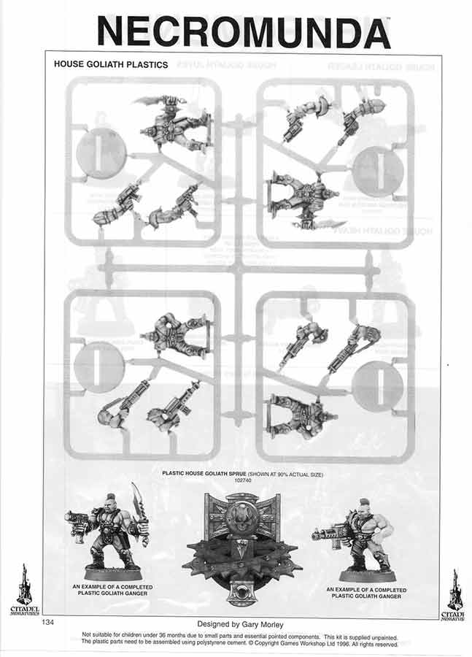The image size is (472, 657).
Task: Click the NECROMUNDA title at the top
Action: [x=243, y=31]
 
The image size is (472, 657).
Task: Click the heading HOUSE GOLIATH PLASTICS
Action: [x=111, y=64]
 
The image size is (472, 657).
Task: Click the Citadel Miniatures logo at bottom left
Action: [x=25, y=590]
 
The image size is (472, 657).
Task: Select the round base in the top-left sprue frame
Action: [x=101, y=152]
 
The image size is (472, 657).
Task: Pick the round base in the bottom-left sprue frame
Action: [x=100, y=366]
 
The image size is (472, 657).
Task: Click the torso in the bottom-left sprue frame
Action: [x=174, y=336]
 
